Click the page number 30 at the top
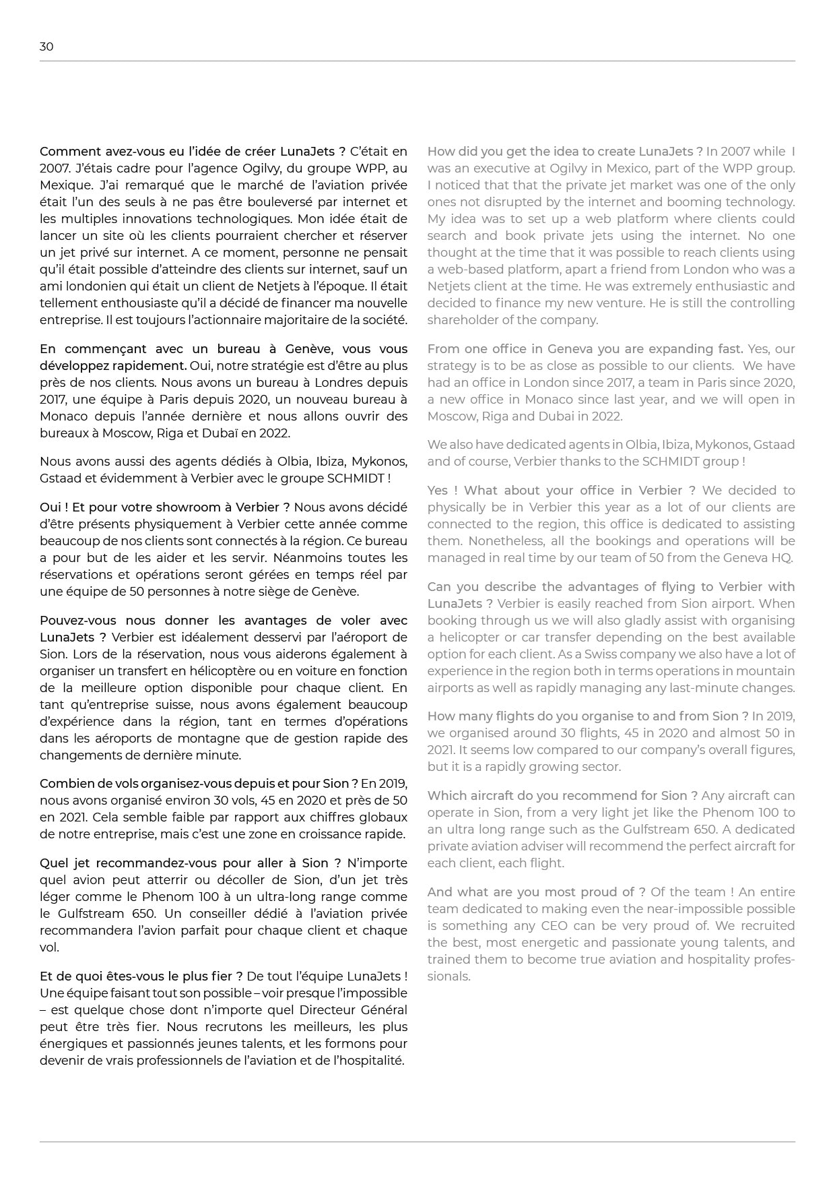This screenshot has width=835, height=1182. [46, 46]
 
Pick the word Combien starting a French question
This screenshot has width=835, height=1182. [64, 784]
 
